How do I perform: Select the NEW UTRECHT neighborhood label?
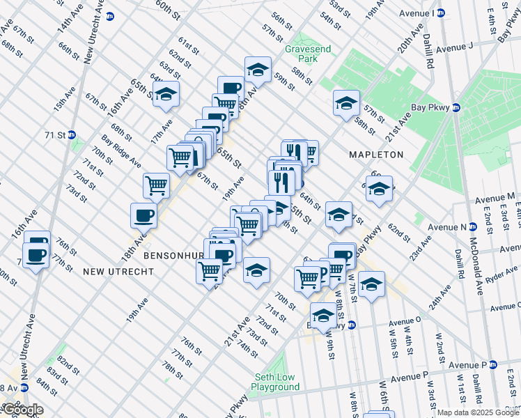pyautogui.click(x=118, y=270)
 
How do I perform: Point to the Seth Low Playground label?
pyautogui.click(x=275, y=382)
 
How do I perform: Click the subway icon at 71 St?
pyautogui.click(x=71, y=134)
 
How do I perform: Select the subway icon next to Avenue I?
pyautogui.click(x=458, y=13)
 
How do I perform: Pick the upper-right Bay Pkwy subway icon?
pyautogui.click(x=456, y=107)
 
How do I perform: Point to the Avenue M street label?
pyautogui.click(x=495, y=198)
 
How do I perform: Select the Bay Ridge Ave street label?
pyautogui.click(x=120, y=151)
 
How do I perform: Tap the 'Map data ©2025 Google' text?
pyautogui.click(x=478, y=412)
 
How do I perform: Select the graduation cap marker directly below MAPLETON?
pyautogui.click(x=379, y=189)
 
